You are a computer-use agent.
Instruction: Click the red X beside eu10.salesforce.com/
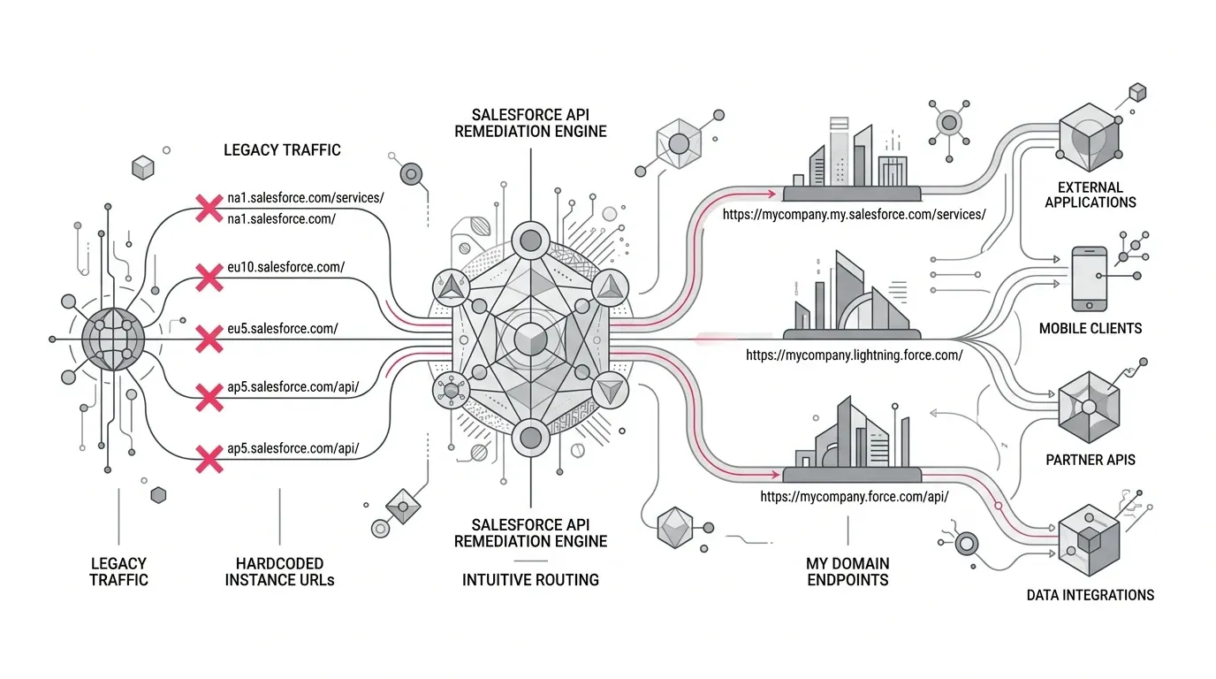click(209, 278)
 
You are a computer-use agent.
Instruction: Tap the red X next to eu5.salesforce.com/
click(209, 339)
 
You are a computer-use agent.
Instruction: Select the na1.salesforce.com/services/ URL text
click(306, 198)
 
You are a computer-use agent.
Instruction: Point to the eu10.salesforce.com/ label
click(286, 267)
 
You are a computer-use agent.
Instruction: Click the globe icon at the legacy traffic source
click(113, 339)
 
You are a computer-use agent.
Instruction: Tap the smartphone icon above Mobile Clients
click(1089, 279)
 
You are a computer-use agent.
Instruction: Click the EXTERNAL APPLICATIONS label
click(1090, 195)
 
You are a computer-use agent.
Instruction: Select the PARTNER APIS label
click(1090, 460)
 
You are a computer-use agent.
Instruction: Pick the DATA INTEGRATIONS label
click(1090, 595)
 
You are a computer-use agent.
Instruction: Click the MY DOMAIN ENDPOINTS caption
click(847, 572)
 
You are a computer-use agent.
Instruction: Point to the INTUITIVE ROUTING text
click(530, 580)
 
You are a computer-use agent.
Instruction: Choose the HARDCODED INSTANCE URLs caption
click(279, 572)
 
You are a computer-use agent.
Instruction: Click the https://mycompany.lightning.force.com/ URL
click(854, 355)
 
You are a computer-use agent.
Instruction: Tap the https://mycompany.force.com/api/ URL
click(854, 497)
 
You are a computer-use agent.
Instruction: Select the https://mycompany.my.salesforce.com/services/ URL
click(854, 215)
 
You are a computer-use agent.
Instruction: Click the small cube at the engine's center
click(530, 340)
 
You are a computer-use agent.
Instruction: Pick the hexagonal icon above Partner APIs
click(1089, 408)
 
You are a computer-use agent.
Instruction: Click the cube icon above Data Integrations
click(1089, 540)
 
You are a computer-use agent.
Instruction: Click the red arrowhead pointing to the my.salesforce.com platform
click(772, 194)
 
